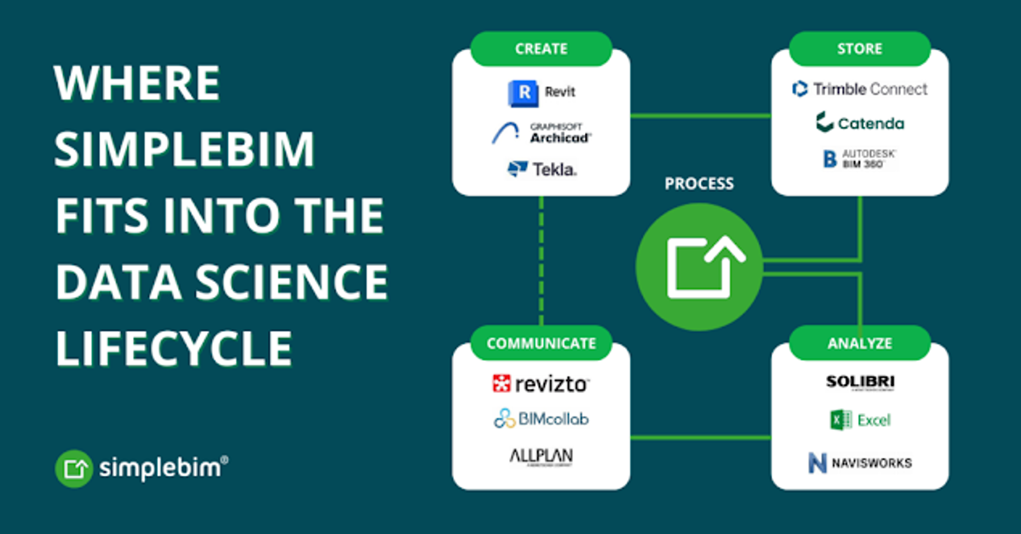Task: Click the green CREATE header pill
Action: pyautogui.click(x=541, y=49)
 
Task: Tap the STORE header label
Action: pyautogui.click(x=859, y=49)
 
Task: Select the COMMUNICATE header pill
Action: pyautogui.click(x=541, y=343)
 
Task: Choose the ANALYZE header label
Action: pyautogui.click(x=859, y=343)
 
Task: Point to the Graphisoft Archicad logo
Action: pyautogui.click(x=541, y=132)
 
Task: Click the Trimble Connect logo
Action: pyautogui.click(x=859, y=89)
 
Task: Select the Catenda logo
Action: pyautogui.click(x=859, y=123)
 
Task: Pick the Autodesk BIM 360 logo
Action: pyautogui.click(x=859, y=158)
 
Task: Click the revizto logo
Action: pyautogui.click(x=541, y=384)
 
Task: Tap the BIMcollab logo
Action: pyautogui.click(x=541, y=419)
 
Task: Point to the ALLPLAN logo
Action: pyautogui.click(x=541, y=457)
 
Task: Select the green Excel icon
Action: pyautogui.click(x=841, y=420)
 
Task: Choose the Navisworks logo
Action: pyautogui.click(x=859, y=462)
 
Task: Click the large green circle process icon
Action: pyautogui.click(x=698, y=265)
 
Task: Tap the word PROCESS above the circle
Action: pyautogui.click(x=698, y=184)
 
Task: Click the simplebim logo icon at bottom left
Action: pyautogui.click(x=74, y=468)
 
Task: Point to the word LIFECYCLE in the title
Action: pyautogui.click(x=174, y=347)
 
